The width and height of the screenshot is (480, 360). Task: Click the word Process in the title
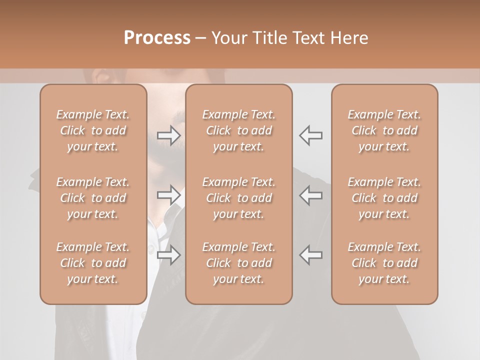(x=157, y=38)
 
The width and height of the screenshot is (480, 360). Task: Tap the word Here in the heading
(x=350, y=38)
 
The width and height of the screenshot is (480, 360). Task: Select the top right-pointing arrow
(x=169, y=135)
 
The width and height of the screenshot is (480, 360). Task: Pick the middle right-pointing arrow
(x=169, y=195)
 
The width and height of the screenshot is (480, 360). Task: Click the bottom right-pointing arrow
(x=169, y=255)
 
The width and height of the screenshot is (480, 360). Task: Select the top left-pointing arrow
(x=311, y=135)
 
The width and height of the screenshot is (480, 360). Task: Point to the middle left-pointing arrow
(x=311, y=195)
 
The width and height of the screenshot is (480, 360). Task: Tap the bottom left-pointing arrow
(x=311, y=255)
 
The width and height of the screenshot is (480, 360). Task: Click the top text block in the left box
(x=93, y=130)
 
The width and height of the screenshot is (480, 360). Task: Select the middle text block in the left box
(x=93, y=198)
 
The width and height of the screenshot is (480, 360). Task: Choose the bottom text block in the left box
(x=93, y=263)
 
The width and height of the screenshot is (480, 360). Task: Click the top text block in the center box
(x=238, y=130)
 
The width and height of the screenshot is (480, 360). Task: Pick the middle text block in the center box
(x=238, y=198)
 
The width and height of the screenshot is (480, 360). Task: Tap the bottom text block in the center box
(x=238, y=263)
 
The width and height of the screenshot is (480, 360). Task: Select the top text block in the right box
(x=384, y=130)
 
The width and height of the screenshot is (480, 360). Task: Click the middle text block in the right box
(x=384, y=198)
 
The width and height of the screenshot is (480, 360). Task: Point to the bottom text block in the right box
(x=384, y=263)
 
